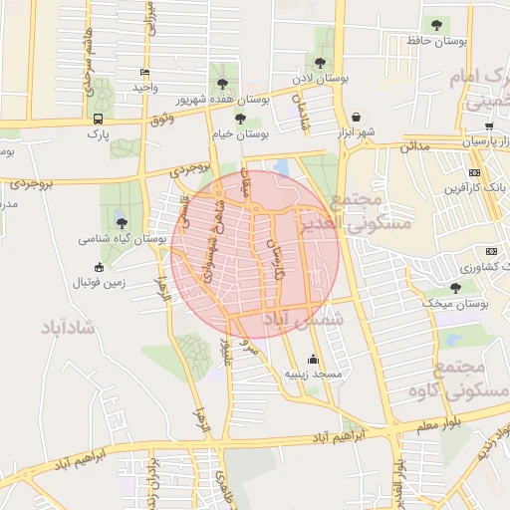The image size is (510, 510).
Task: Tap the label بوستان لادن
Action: point(316,77)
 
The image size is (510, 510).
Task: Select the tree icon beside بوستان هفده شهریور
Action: point(221,84)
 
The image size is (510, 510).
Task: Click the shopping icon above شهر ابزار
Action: point(356,117)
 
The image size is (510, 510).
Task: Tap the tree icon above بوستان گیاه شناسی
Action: point(122,223)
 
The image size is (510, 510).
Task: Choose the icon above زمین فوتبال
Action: point(99,267)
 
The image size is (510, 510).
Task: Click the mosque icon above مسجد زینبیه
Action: point(314,360)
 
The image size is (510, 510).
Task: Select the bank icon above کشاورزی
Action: point(491,251)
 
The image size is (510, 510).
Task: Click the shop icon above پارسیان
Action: point(489,127)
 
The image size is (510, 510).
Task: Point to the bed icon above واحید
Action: point(145,72)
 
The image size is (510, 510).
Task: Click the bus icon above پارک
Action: point(98,118)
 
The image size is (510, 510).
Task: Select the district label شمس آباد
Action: point(302,318)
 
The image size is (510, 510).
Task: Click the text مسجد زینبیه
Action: point(314,375)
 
